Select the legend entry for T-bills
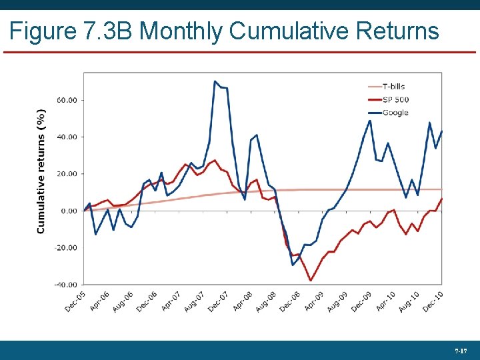click(393, 86)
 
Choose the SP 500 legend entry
click(395, 99)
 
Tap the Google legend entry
click(395, 113)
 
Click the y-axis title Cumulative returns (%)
click(41, 171)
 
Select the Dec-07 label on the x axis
click(219, 301)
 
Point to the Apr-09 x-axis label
click(314, 301)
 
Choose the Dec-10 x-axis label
click(433, 301)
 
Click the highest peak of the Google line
click(215, 81)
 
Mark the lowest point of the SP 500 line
click(311, 281)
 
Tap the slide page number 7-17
click(460, 350)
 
